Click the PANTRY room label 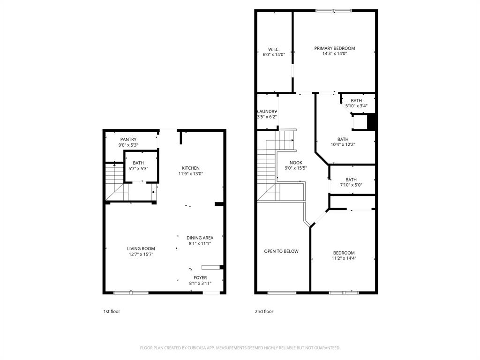click(x=128, y=139)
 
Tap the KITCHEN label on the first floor click(x=191, y=168)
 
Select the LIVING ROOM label click(x=141, y=248)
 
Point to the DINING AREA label click(x=200, y=238)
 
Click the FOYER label click(x=200, y=277)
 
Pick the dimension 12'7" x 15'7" click(x=141, y=255)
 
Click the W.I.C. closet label click(x=274, y=49)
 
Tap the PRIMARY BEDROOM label click(x=335, y=48)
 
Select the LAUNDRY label click(x=267, y=112)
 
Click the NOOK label click(x=296, y=163)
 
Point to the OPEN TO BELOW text click(x=281, y=251)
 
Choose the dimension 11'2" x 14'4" click(x=344, y=258)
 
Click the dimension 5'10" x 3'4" click(x=356, y=106)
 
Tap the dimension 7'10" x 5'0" click(x=351, y=185)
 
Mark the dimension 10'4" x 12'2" click(x=343, y=145)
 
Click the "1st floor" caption click(x=112, y=312)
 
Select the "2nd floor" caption click(x=264, y=312)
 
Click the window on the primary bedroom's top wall click(x=334, y=11)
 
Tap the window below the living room click(x=131, y=293)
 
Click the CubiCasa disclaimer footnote click(x=240, y=348)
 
